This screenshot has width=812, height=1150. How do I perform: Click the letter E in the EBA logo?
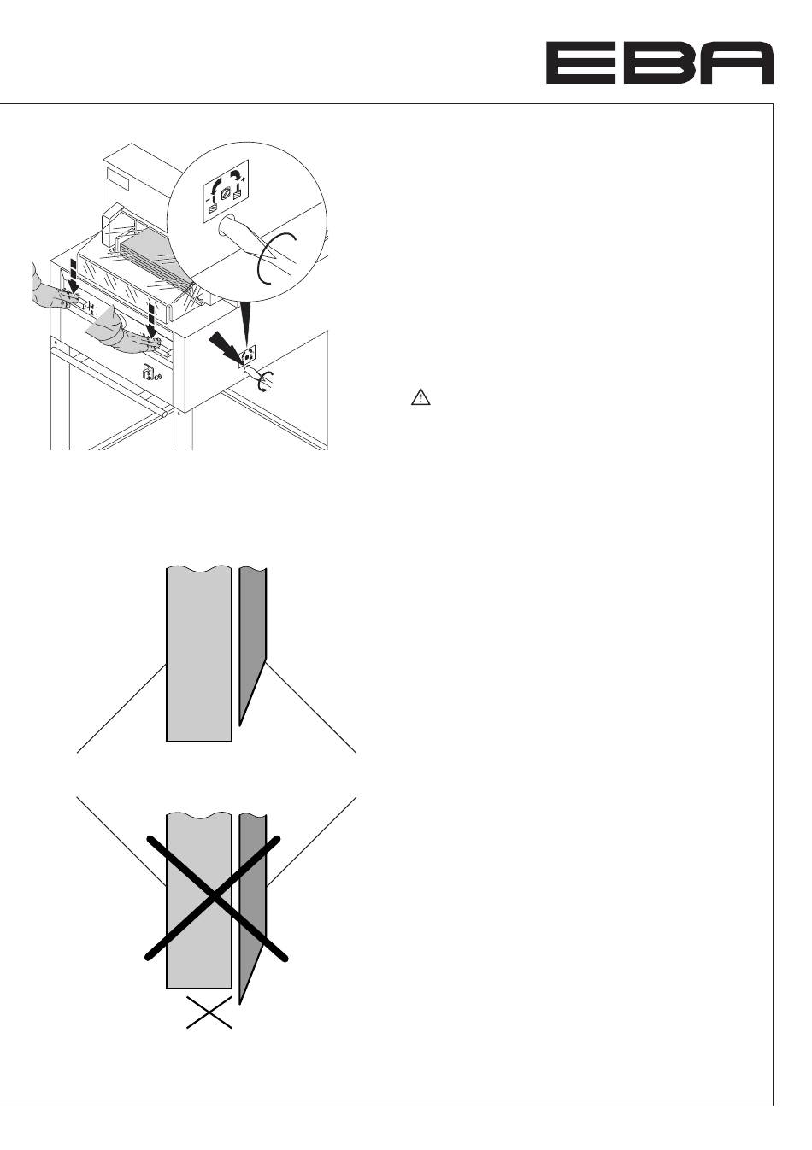tap(580, 62)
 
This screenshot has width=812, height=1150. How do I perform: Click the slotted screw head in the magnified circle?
tap(227, 195)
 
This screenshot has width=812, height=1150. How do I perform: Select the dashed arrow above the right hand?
tap(151, 320)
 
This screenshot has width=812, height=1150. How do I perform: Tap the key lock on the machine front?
tap(146, 370)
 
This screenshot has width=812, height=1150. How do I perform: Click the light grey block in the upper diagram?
tap(199, 653)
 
